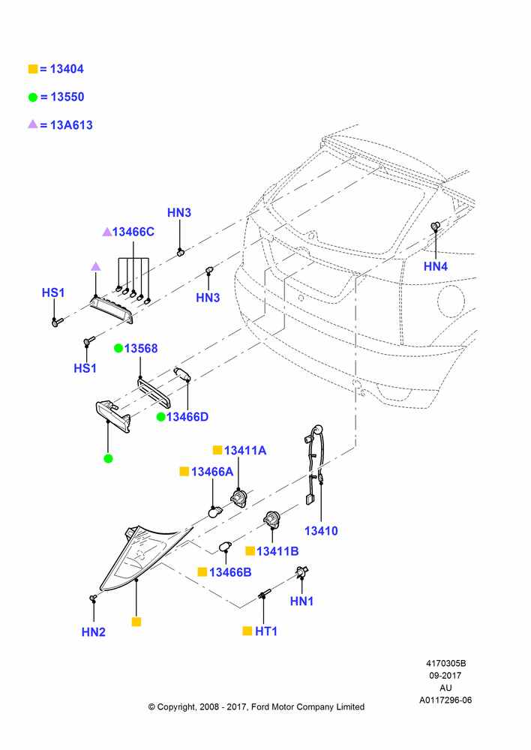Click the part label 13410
pyautogui.click(x=321, y=531)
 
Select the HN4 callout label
pyautogui.click(x=435, y=266)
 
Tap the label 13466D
pyautogui.click(x=187, y=416)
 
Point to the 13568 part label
pyautogui.click(x=141, y=348)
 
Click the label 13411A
pyautogui.click(x=245, y=450)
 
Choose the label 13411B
pyautogui.click(x=277, y=551)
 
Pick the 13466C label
pyautogui.click(x=133, y=232)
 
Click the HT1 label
pyautogui.click(x=266, y=631)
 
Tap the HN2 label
pyautogui.click(x=93, y=631)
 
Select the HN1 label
pyautogui.click(x=301, y=601)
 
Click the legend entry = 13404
pyautogui.click(x=56, y=69)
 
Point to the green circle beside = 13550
pyautogui.click(x=32, y=97)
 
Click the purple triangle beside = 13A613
pyautogui.click(x=32, y=124)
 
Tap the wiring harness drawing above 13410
pyautogui.click(x=313, y=464)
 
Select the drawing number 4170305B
pyautogui.click(x=445, y=664)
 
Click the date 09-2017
pyautogui.click(x=445, y=676)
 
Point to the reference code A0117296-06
pyautogui.click(x=445, y=700)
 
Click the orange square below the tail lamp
pyautogui.click(x=136, y=622)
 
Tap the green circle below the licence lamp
pyautogui.click(x=108, y=459)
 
